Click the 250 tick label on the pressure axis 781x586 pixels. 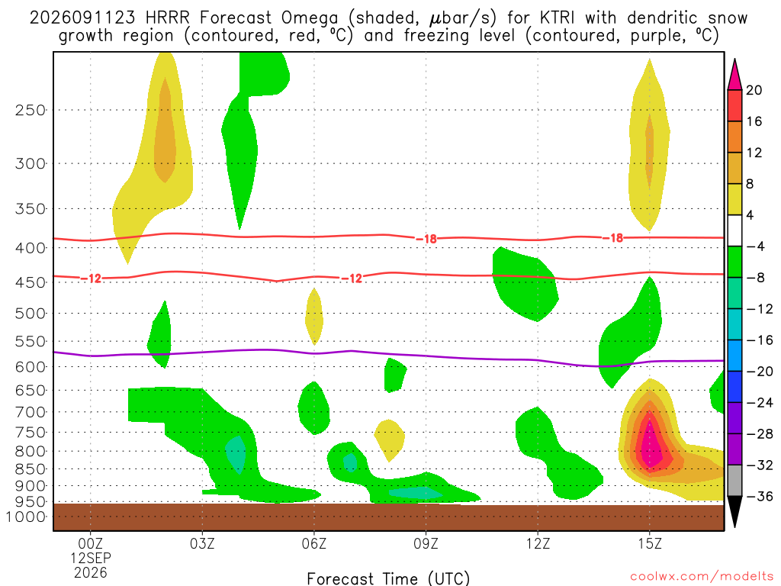31,110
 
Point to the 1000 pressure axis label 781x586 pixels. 26,517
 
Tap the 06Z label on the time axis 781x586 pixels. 313,543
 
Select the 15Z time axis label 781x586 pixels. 650,543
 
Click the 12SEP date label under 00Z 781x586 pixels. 90,558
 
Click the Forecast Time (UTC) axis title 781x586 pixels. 388,578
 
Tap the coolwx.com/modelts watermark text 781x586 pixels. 702,577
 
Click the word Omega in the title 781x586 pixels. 310,18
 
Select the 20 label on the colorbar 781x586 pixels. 754,90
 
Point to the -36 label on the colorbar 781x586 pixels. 760,496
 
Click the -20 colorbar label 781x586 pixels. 760,372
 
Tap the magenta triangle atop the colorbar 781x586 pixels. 734,75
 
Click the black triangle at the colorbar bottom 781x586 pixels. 734,510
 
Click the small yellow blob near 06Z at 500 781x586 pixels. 313,317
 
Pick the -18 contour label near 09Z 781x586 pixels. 426,239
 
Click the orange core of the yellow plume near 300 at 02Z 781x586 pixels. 165,130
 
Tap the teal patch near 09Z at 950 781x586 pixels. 415,494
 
